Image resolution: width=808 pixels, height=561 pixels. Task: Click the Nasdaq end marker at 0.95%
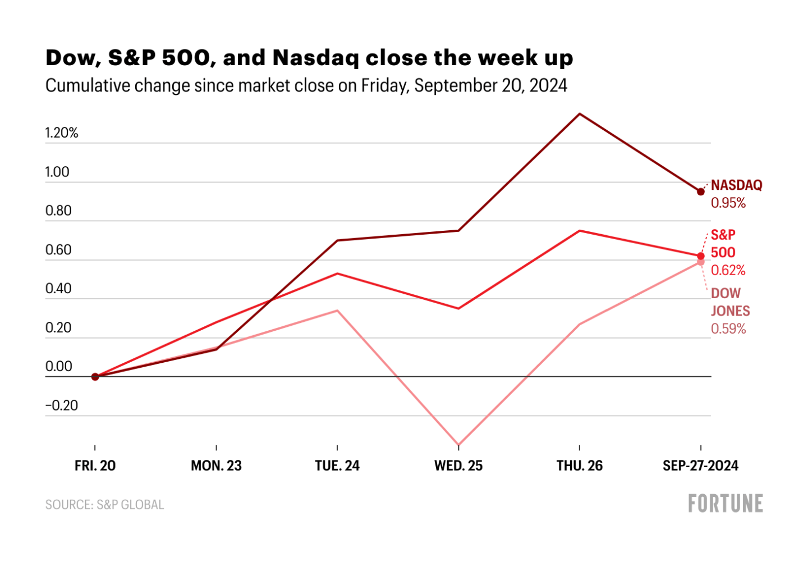[701, 192]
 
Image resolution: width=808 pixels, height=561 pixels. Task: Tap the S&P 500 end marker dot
[701, 256]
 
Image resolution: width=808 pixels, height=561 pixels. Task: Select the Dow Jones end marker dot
[701, 262]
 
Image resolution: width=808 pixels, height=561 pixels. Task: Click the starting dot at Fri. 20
[95, 377]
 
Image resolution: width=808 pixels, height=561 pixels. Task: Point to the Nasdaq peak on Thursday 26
[580, 114]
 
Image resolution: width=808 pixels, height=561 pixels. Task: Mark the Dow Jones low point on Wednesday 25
[458, 445]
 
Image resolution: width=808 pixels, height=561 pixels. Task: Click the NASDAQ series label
[736, 185]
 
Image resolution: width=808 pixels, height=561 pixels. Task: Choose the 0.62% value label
[728, 271]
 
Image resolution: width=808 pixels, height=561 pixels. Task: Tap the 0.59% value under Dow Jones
[728, 329]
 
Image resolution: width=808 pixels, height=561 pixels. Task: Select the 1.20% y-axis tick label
[62, 133]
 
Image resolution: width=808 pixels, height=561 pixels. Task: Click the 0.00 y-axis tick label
[59, 367]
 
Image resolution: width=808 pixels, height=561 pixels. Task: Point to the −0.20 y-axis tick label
[62, 405]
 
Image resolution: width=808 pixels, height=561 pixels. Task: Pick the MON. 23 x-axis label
[216, 466]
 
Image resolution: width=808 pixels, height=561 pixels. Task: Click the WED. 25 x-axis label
[458, 466]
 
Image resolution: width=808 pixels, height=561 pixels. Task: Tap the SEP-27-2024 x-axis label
[700, 466]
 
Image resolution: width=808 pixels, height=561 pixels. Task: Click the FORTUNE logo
[726, 503]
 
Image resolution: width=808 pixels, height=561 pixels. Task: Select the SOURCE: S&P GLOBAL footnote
[105, 505]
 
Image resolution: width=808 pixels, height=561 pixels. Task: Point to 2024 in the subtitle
[548, 86]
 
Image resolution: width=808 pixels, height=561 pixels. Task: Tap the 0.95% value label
[728, 203]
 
